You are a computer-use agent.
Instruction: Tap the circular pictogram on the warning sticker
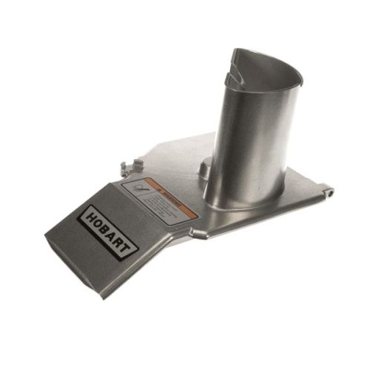[x=139, y=189]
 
